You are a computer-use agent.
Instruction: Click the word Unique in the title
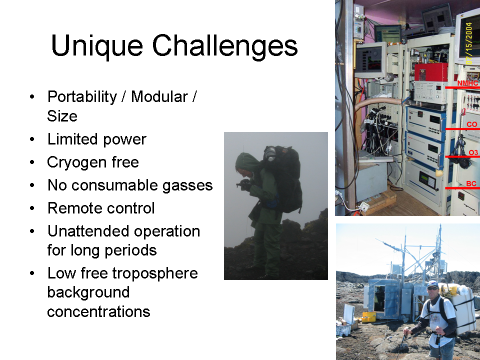(x=97, y=46)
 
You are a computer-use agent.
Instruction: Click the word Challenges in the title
(x=224, y=45)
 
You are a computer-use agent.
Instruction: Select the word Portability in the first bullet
(x=82, y=97)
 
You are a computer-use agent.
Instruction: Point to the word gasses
(x=187, y=185)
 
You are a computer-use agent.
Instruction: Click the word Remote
(x=71, y=208)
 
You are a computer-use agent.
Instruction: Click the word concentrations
(x=98, y=311)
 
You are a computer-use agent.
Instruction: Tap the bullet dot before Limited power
(x=32, y=139)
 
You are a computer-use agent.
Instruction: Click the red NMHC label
(x=467, y=83)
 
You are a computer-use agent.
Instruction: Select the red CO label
(x=471, y=124)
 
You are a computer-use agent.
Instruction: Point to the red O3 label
(x=473, y=152)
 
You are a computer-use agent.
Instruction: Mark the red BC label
(x=471, y=183)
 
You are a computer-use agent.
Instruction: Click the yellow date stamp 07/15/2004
(x=469, y=43)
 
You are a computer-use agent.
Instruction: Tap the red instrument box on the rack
(x=431, y=72)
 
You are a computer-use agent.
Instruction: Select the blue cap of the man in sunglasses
(x=433, y=284)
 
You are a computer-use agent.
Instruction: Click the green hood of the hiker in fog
(x=246, y=163)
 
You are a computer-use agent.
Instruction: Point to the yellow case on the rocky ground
(x=368, y=317)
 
